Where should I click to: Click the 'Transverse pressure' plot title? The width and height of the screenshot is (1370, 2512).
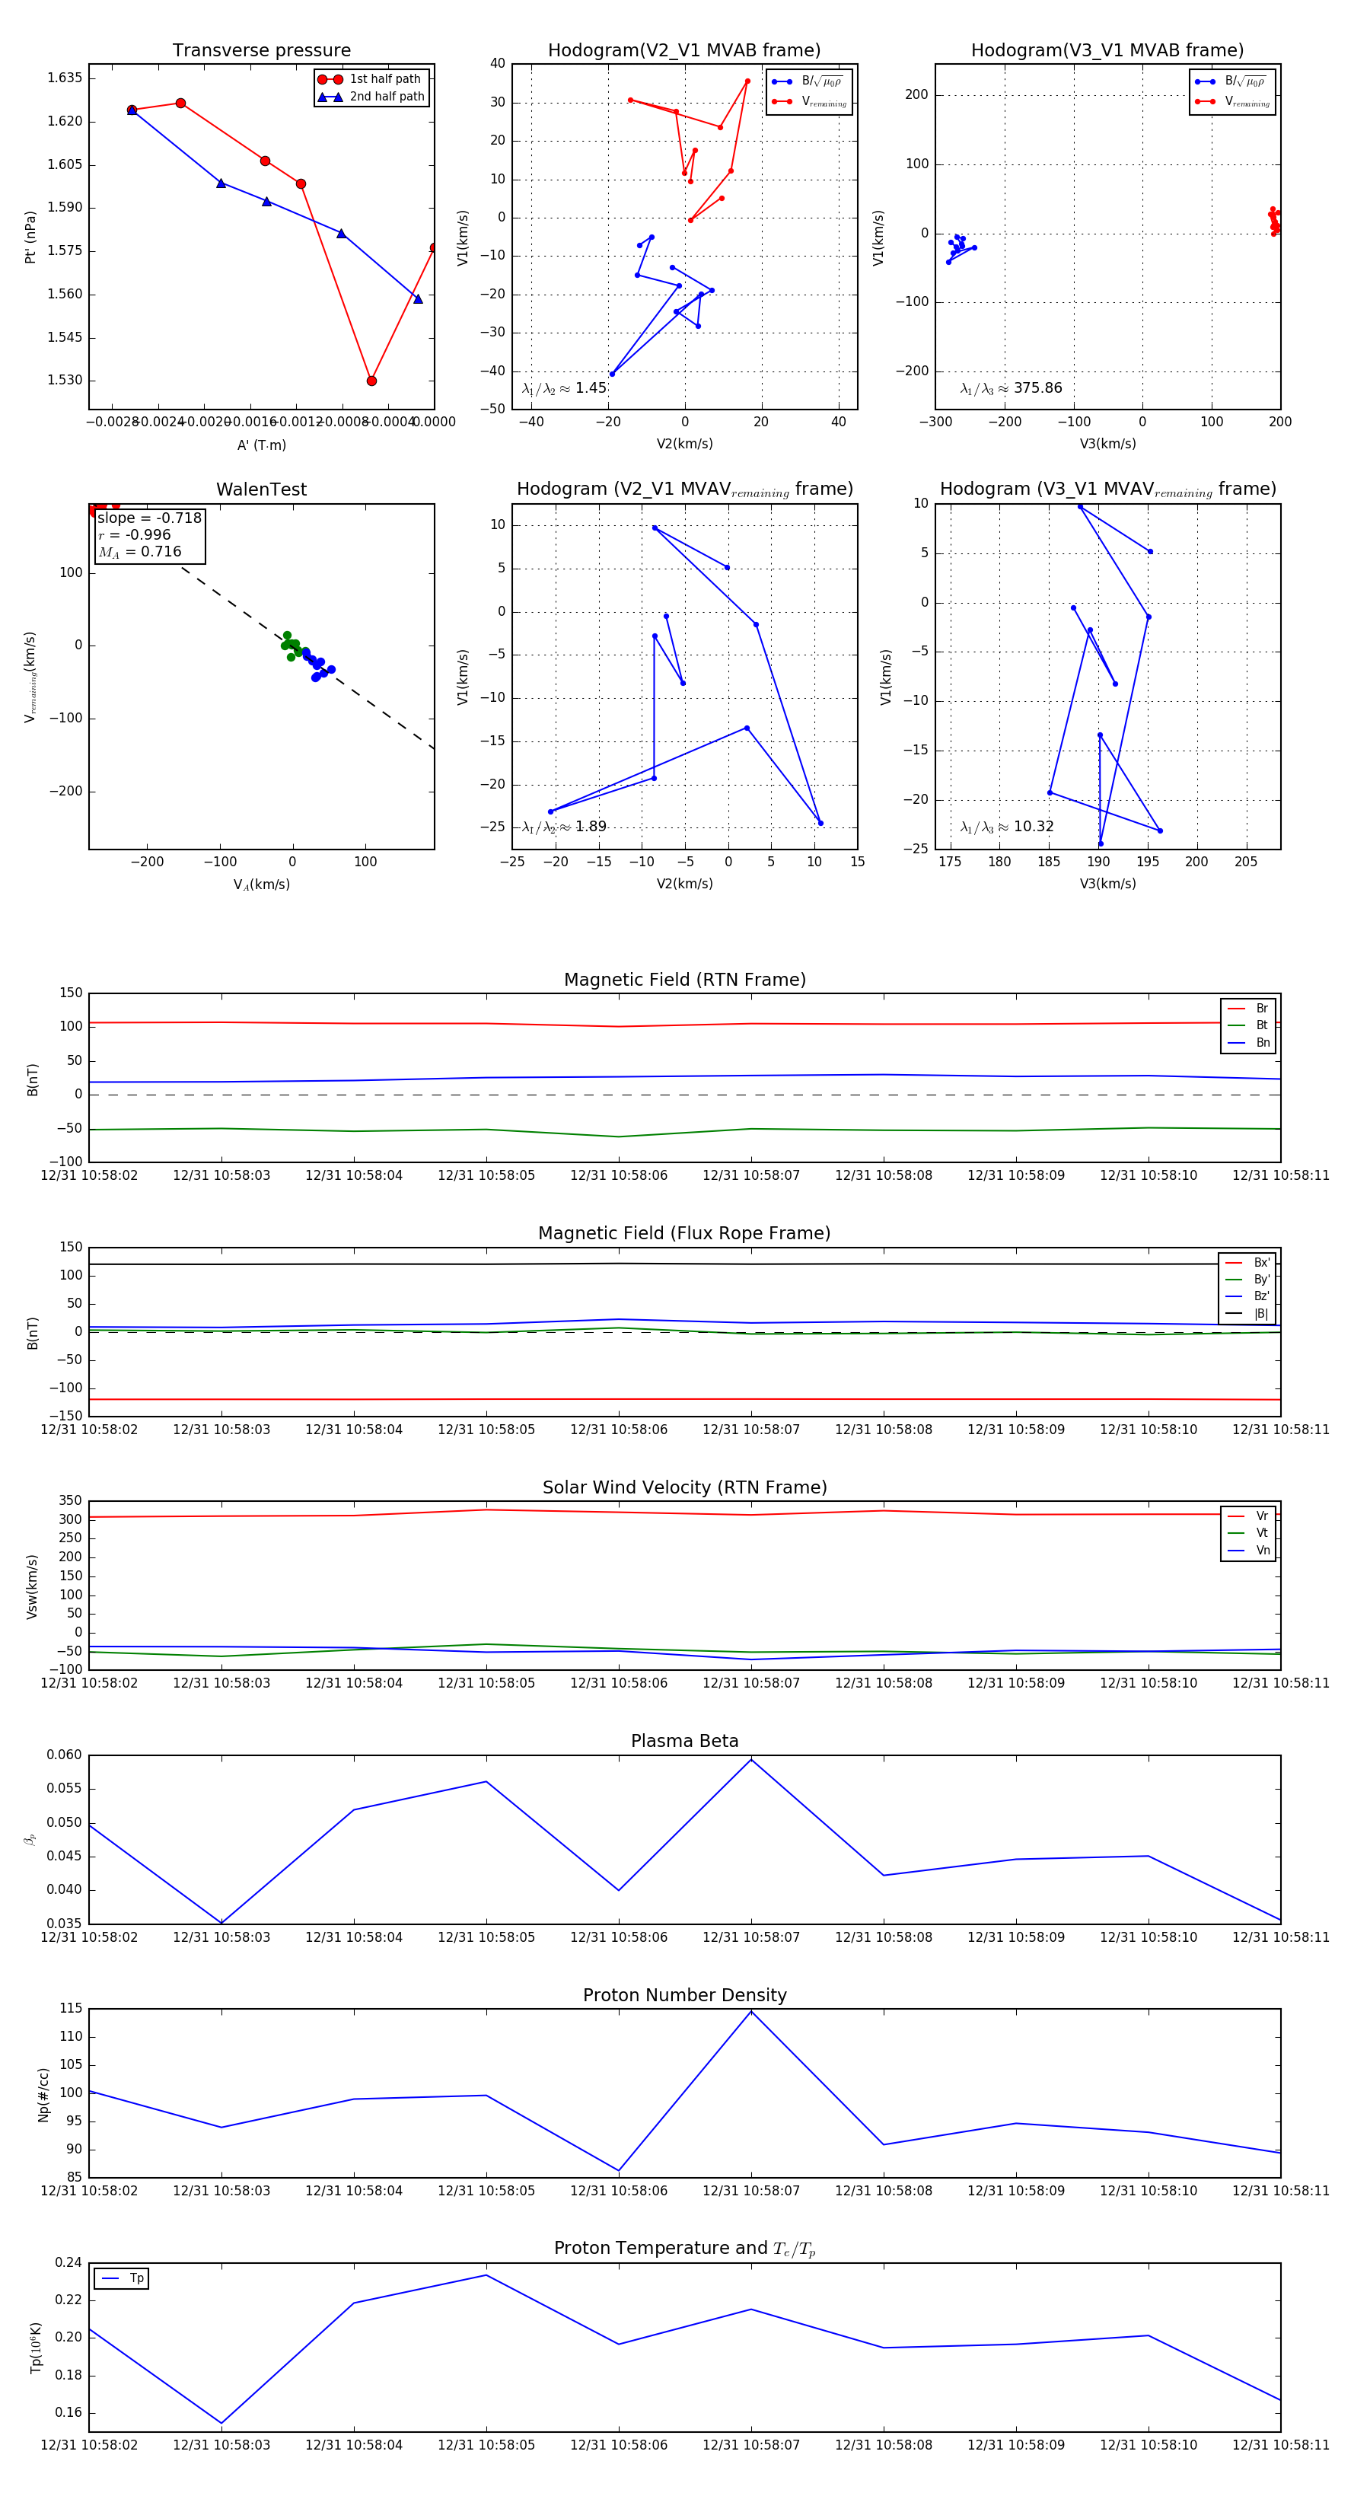tap(261, 51)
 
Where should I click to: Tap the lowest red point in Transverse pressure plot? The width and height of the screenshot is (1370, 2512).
tap(371, 381)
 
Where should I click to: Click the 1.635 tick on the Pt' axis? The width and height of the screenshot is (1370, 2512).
tap(65, 78)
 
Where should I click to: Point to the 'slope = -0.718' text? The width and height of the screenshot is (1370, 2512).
tap(149, 518)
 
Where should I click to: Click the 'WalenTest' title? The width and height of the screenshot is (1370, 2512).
tap(261, 489)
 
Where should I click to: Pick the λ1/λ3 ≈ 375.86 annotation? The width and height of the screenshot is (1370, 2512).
tap(1012, 388)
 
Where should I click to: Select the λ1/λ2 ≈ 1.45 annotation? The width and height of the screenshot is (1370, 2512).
tap(565, 388)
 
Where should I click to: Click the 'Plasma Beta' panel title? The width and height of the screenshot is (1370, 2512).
tap(684, 1741)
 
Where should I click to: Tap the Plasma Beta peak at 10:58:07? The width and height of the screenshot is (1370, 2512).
tap(750, 1759)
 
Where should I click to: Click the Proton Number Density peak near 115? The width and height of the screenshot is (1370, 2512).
tap(750, 2012)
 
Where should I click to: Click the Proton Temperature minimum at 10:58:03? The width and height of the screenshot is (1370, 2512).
tap(221, 2422)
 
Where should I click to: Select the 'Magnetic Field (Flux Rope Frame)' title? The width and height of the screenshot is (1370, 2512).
tap(684, 1234)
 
